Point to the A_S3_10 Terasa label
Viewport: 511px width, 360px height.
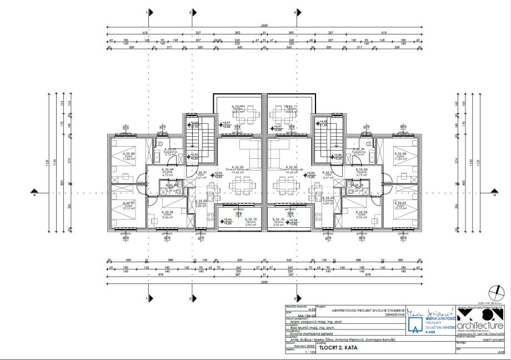228,221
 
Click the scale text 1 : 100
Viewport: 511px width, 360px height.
303,352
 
